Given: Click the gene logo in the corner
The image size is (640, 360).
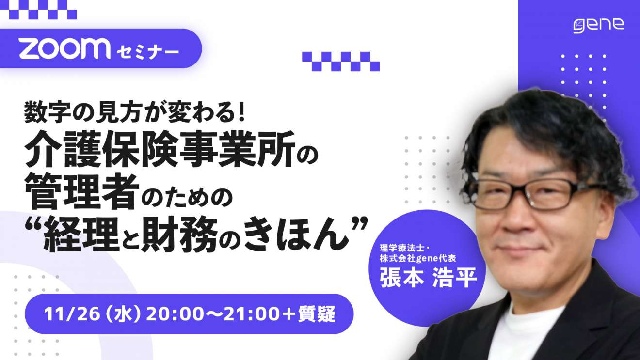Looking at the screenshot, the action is point(599,26).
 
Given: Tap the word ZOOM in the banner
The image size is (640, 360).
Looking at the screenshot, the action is point(65,48).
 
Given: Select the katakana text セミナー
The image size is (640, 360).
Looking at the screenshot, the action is point(148,52).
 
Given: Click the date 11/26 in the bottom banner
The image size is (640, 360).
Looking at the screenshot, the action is point(72,314).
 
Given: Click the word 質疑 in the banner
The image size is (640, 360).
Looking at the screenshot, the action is point(317,314).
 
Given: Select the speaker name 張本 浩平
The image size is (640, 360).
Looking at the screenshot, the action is point(428,277).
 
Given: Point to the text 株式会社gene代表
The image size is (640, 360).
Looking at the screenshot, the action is point(418,258).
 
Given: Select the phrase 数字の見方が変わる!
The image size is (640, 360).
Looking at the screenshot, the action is point(134,112).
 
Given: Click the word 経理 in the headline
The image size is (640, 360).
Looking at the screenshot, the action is point(81,234).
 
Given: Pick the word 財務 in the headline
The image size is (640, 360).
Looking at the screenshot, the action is point(179,234).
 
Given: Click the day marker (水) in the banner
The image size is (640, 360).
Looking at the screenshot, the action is point(123,314).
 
